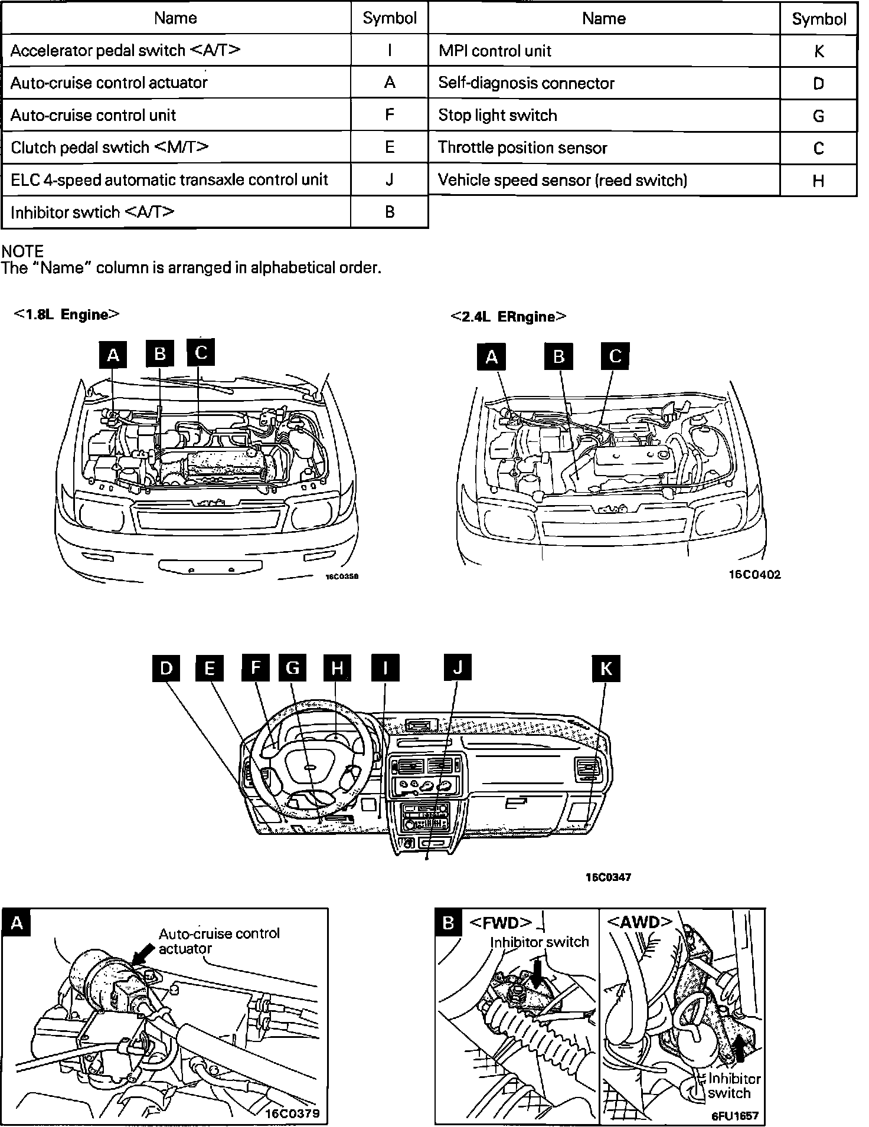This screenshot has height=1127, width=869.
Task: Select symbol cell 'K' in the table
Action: click(818, 51)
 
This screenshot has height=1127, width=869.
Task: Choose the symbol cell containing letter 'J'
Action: click(389, 180)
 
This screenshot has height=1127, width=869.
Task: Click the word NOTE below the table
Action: click(22, 252)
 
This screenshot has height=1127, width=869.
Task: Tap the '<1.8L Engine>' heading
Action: click(67, 314)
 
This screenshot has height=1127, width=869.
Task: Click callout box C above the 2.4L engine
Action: click(615, 356)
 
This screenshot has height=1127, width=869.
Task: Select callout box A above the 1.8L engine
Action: click(113, 355)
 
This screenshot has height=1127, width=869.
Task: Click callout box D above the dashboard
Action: click(166, 668)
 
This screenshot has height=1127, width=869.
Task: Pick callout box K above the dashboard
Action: click(606, 668)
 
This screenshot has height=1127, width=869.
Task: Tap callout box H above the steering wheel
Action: click(337, 668)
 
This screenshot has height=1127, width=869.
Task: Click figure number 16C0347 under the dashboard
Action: click(608, 877)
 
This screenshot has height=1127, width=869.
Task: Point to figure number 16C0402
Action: click(755, 575)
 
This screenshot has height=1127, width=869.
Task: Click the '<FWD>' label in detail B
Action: click(501, 922)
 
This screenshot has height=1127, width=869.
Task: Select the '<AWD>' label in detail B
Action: click(639, 922)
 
